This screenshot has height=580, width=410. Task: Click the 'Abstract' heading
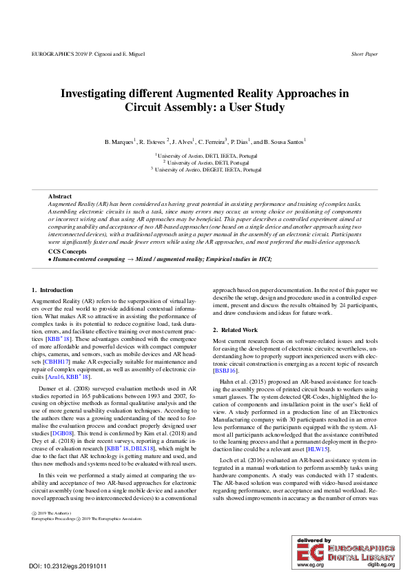click(x=59, y=197)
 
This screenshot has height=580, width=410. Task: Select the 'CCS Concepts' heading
click(x=68, y=252)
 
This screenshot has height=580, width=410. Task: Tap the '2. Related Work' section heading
click(x=236, y=331)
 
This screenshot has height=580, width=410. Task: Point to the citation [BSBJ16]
click(x=225, y=371)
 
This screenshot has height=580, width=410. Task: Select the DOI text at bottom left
click(x=68, y=566)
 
